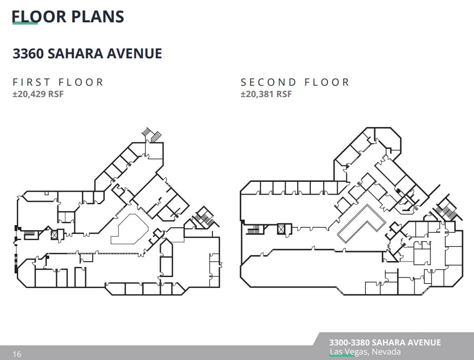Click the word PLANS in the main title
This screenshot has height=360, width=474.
point(97,16)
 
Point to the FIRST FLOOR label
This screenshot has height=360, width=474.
point(58,82)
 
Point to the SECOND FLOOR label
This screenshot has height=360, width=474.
point(295,82)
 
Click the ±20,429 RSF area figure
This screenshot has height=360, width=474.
point(38,94)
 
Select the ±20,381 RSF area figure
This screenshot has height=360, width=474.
point(266,94)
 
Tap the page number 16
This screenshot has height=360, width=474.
point(17,354)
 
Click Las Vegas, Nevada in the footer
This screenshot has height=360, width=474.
point(365,352)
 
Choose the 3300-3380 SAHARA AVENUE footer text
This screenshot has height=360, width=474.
point(385,343)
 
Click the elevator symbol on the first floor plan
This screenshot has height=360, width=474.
point(55,235)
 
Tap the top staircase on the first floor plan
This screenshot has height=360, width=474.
point(152,134)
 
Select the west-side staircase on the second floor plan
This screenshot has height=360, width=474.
point(253,230)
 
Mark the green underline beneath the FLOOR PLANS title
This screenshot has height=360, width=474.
point(25,23)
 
